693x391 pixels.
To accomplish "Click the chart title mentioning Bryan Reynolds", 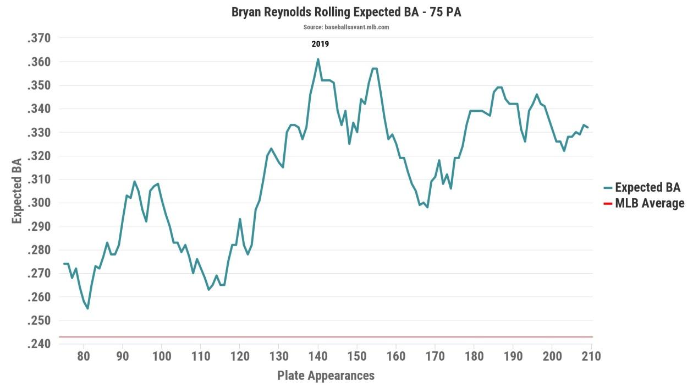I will coord(346,12).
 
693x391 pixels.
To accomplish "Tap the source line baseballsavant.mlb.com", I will coord(346,27).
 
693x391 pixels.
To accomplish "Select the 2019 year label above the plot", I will coord(320,44).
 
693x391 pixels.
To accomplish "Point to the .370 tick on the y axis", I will coord(38,39).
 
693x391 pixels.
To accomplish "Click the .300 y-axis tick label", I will coord(38,203).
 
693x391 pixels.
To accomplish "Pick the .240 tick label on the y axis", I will coord(38,344).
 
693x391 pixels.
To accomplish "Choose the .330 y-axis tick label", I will coord(38,133).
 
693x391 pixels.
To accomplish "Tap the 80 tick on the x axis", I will coord(84,356).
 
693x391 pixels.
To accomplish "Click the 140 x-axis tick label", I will coord(318,356).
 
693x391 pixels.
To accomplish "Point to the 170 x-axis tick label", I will coord(435,356).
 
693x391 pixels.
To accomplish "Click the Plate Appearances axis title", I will coord(326,376).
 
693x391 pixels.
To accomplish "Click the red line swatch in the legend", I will coord(608,204).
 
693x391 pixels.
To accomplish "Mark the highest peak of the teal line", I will coord(318,59).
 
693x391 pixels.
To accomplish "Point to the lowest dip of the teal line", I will coord(87,308).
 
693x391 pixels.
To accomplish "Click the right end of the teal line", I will coord(588,128).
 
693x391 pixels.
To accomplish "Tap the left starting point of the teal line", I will coord(64,264).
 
